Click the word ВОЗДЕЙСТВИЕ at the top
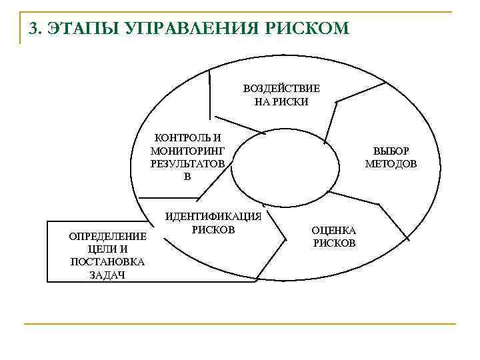click(x=281, y=89)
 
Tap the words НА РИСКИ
click(x=281, y=102)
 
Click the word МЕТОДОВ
click(x=391, y=164)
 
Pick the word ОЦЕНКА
click(x=335, y=230)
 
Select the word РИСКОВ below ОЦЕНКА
click(x=335, y=243)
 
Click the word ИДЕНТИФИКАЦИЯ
click(x=213, y=217)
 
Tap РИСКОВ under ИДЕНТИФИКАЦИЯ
click(x=213, y=230)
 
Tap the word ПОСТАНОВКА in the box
click(x=98, y=262)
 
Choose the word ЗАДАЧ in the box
click(x=98, y=275)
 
